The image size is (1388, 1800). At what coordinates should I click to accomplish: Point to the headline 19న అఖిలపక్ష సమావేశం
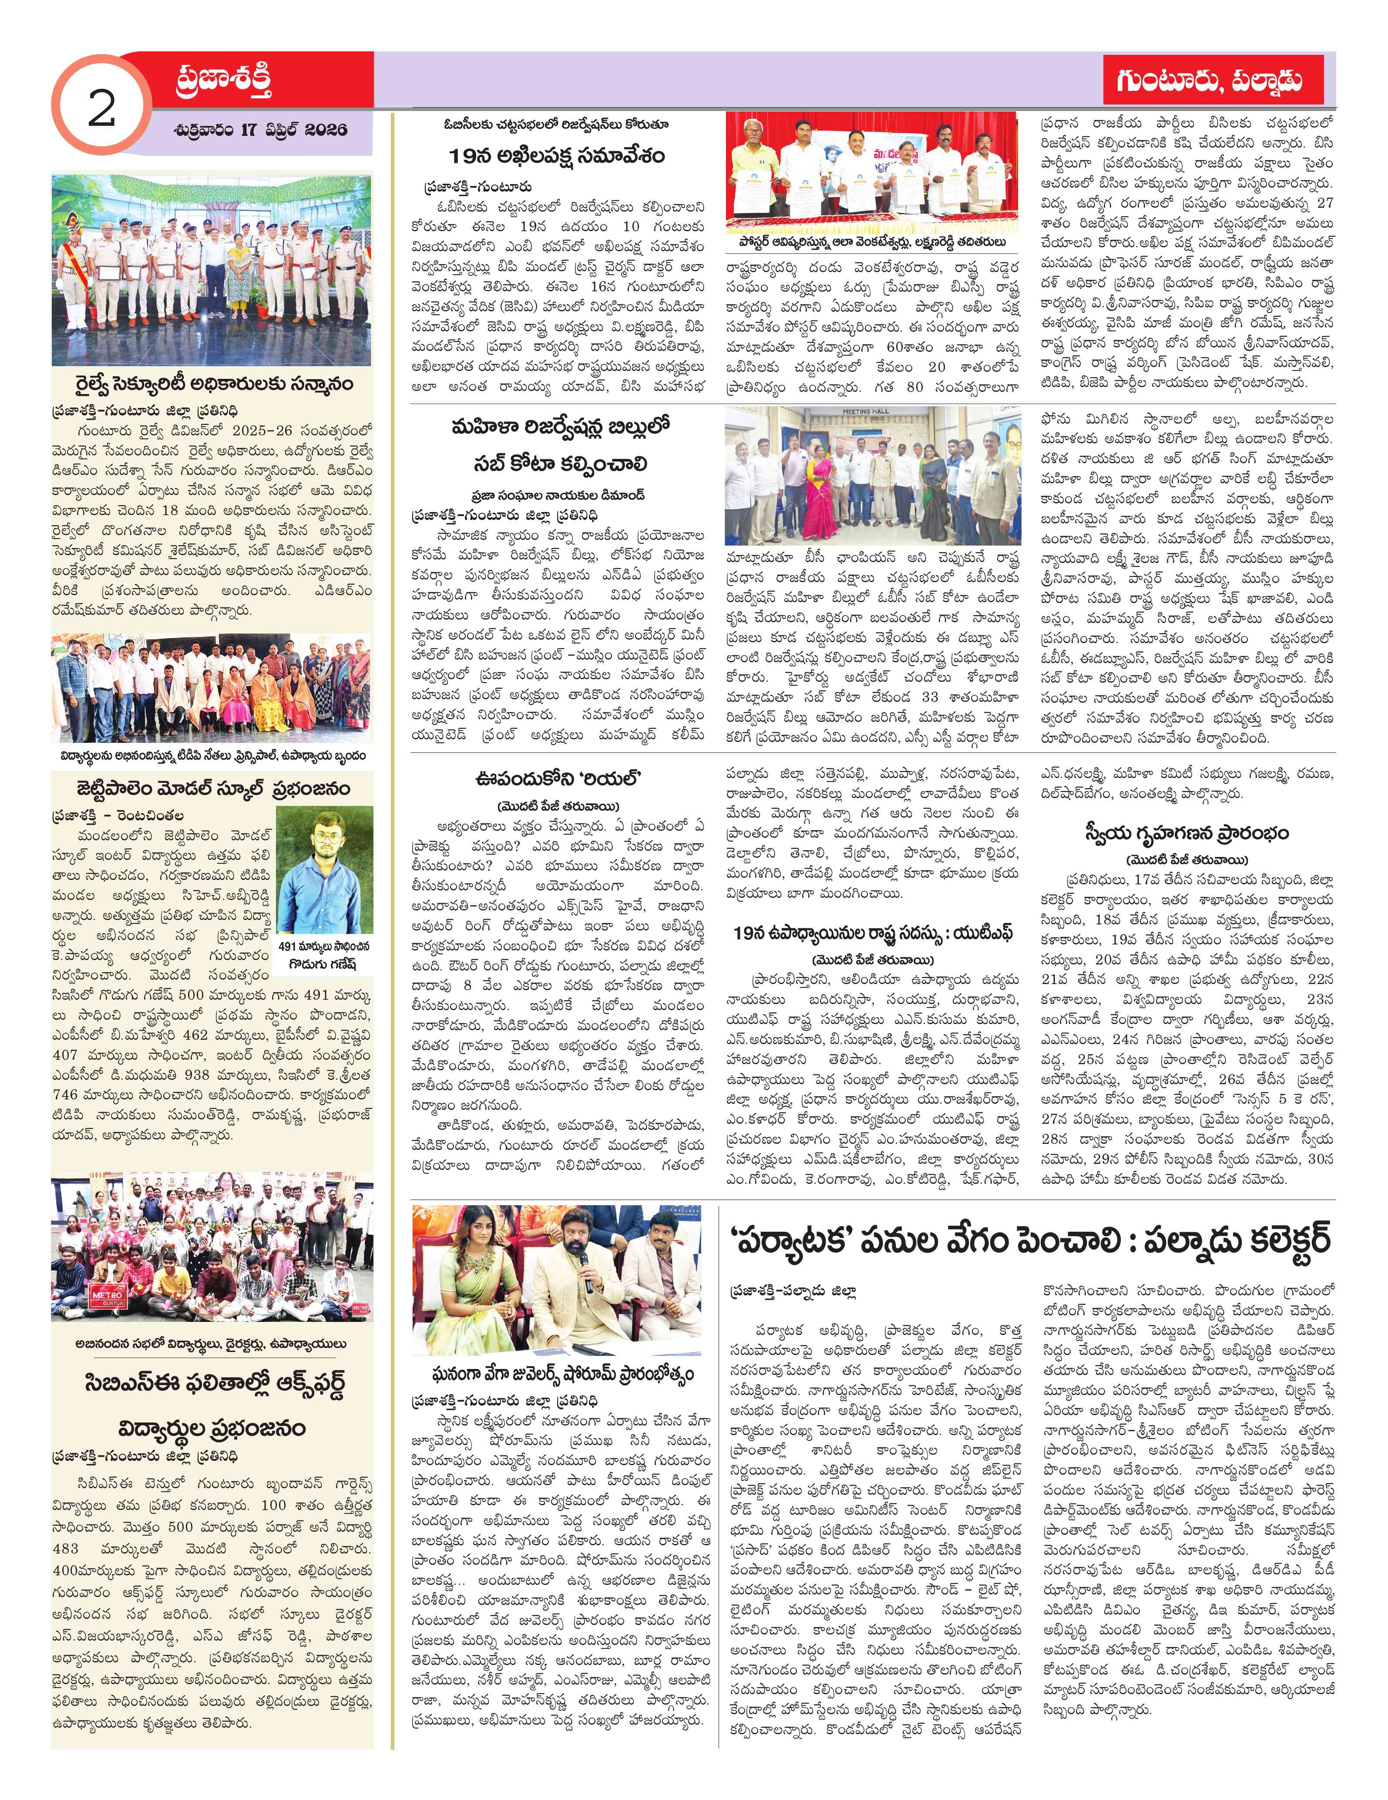pos(557,157)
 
